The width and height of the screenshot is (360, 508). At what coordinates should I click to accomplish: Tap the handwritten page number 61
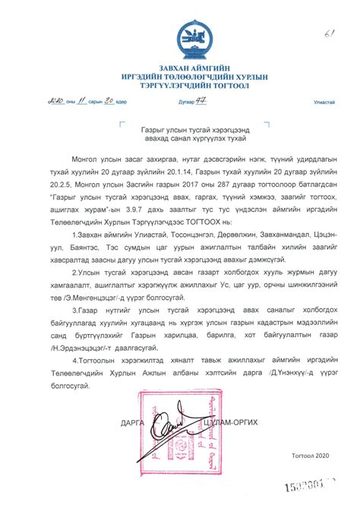click(x=328, y=13)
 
